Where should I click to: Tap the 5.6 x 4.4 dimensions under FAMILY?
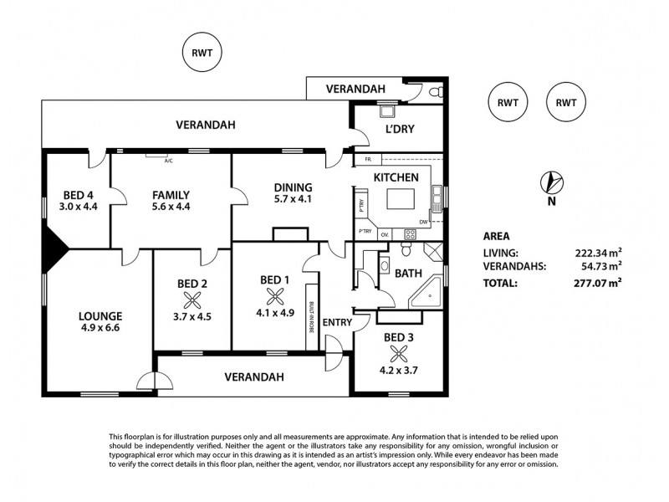click(x=171, y=206)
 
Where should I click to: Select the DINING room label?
click(x=292, y=187)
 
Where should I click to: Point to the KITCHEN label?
click(x=395, y=177)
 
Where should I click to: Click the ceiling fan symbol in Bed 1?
click(x=273, y=295)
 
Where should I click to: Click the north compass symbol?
click(x=553, y=182)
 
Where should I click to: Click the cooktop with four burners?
click(x=411, y=234)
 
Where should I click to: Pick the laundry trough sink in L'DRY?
click(x=387, y=110)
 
